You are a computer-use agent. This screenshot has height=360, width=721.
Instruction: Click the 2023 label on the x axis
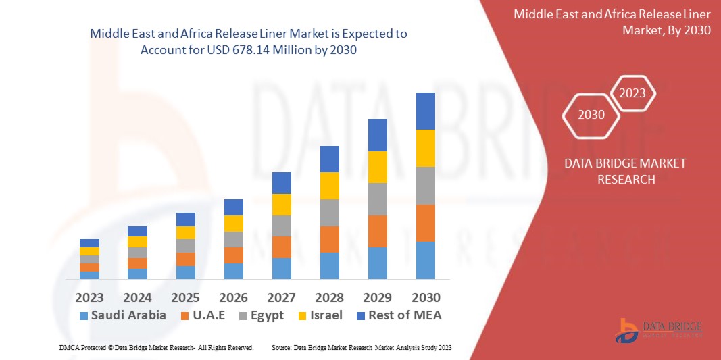89,297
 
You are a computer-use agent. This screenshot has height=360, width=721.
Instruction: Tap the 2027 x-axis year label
281,297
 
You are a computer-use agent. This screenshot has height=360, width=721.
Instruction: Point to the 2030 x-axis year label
425,297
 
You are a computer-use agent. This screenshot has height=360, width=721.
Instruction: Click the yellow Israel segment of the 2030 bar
425,148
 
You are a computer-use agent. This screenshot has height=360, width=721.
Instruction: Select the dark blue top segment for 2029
377,135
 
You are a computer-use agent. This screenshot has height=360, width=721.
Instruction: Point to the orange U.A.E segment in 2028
329,239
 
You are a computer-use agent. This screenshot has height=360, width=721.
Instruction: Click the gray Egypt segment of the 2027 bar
281,226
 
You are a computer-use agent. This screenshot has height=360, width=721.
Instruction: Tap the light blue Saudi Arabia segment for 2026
233,271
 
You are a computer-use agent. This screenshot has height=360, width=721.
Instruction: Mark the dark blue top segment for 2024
137,231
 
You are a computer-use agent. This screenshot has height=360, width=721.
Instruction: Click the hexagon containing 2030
591,115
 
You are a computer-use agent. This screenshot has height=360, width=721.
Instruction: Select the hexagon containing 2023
632,93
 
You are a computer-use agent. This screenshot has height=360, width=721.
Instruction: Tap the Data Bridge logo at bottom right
658,329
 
